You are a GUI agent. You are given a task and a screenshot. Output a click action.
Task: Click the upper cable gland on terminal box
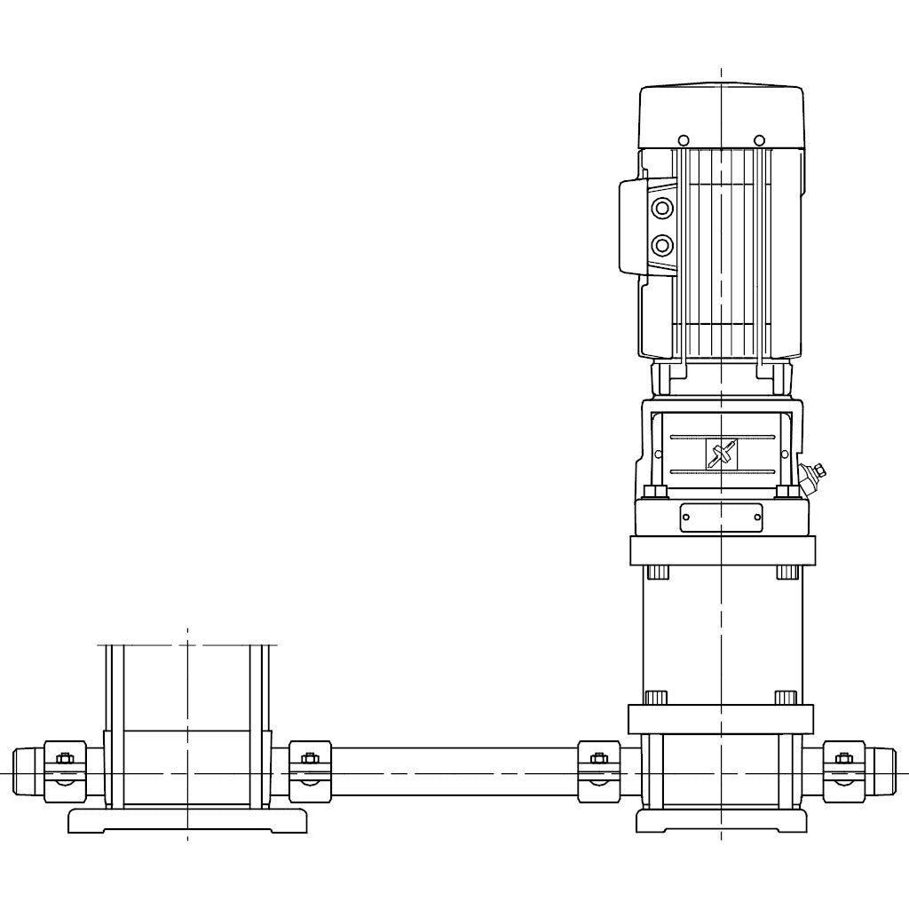point(662,209)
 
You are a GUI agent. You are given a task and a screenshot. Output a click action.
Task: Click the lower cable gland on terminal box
point(662,244)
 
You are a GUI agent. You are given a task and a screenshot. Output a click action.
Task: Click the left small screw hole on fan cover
point(683,139)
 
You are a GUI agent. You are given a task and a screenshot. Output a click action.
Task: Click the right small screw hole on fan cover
point(759,139)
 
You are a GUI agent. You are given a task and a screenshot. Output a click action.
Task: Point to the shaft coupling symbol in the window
point(721,454)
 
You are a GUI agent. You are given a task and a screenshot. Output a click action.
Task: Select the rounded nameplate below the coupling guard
point(721,518)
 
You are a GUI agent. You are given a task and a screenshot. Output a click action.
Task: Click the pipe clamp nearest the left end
point(65,771)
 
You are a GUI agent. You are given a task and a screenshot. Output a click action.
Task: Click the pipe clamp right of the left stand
point(310,771)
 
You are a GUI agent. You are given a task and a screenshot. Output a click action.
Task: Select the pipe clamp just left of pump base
point(598,771)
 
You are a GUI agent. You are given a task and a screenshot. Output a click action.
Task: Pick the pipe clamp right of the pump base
point(844,771)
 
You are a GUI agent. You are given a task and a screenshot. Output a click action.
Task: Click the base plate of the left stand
point(187,820)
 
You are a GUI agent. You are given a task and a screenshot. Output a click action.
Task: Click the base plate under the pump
point(721,820)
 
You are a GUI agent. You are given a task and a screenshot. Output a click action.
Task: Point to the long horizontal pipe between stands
point(453,771)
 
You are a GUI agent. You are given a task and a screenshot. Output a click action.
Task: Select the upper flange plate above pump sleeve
point(721,550)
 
